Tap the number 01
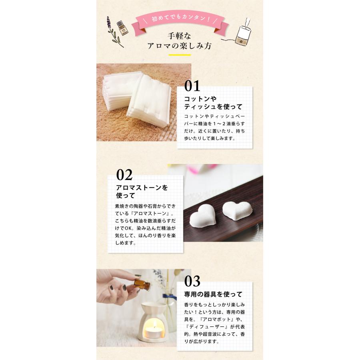point(192,86)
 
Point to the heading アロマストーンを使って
point(141,191)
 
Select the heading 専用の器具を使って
point(213,294)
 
